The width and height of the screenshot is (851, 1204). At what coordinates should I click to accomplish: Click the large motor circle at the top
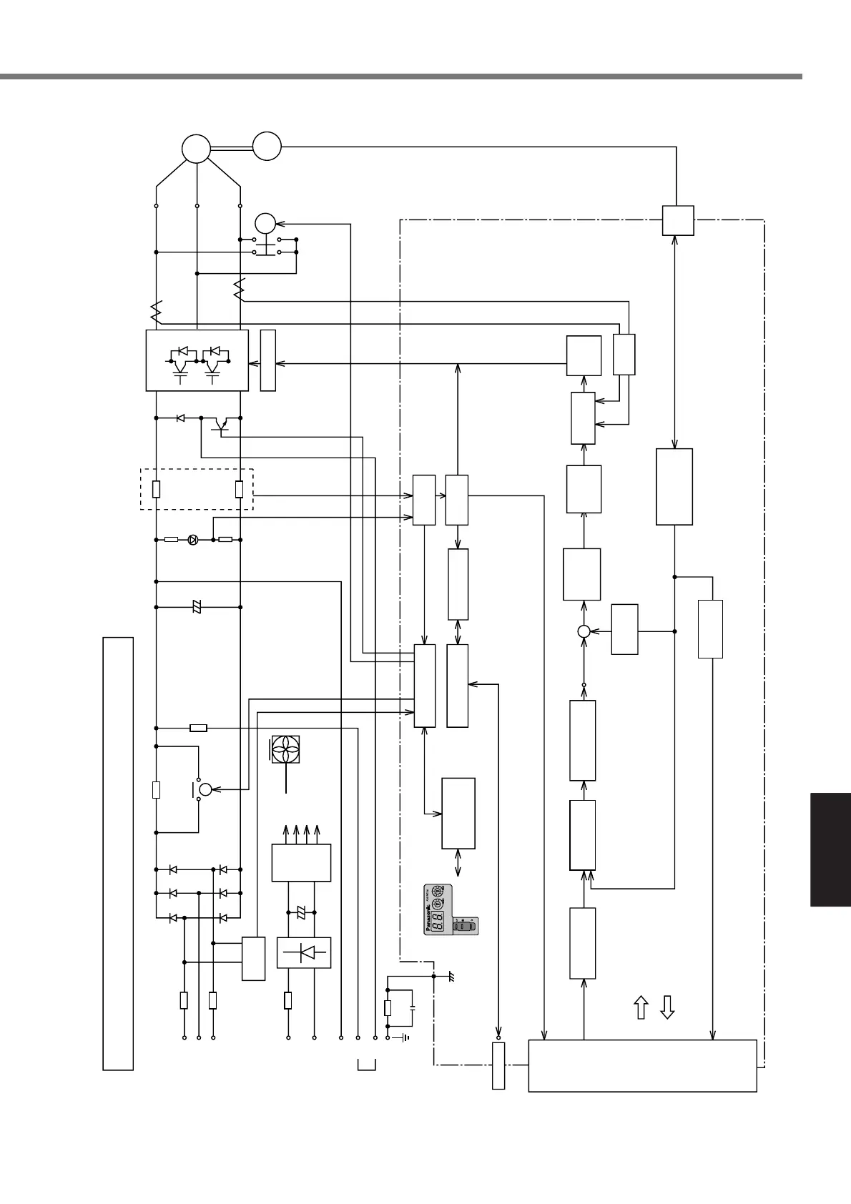click(196, 149)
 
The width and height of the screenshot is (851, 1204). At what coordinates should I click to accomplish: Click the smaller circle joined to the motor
click(267, 146)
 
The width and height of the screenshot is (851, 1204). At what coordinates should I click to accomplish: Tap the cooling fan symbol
click(285, 753)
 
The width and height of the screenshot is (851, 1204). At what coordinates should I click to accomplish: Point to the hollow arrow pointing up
click(641, 1007)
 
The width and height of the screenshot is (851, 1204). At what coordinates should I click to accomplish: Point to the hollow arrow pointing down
click(666, 1007)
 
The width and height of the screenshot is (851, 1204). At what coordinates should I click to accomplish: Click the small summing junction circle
click(584, 631)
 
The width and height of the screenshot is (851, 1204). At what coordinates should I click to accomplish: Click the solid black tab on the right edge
click(830, 849)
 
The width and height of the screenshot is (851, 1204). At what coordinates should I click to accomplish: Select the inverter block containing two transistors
click(197, 360)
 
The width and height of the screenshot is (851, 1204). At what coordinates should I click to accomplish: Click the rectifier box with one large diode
click(304, 952)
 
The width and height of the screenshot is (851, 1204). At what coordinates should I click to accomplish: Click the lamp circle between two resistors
click(192, 540)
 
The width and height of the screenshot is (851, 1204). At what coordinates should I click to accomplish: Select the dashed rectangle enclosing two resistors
click(197, 489)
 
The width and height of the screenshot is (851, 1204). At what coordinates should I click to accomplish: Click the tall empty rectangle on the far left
click(118, 853)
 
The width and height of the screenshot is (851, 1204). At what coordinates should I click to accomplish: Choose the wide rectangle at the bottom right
click(642, 1065)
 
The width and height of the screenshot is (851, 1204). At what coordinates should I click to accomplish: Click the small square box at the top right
click(677, 220)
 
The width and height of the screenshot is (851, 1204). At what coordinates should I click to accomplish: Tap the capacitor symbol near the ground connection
click(413, 1007)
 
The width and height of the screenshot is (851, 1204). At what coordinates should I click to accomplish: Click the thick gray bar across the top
click(400, 76)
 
